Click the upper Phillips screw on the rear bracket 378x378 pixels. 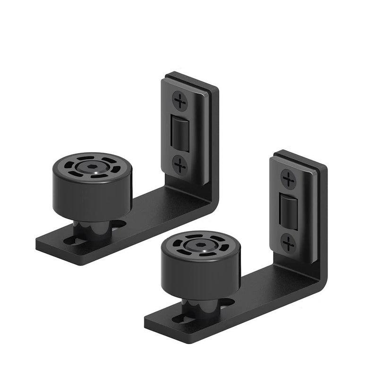pyautogui.click(x=180, y=101)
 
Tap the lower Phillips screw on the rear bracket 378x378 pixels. pyautogui.click(x=180, y=165)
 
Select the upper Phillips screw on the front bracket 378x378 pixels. pyautogui.click(x=288, y=179)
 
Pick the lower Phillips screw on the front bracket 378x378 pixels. pyautogui.click(x=288, y=243)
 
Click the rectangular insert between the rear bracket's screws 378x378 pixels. pyautogui.click(x=179, y=133)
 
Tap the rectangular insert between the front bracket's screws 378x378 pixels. pyautogui.click(x=287, y=211)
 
